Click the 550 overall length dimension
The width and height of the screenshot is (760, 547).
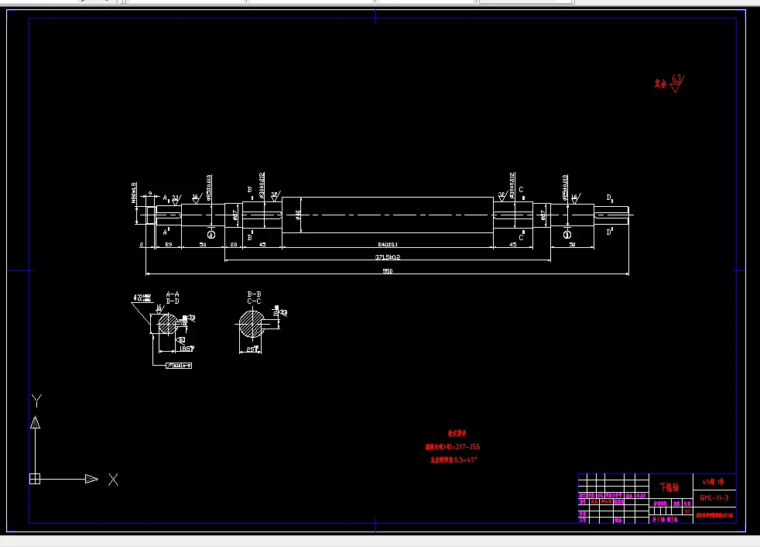click(387, 271)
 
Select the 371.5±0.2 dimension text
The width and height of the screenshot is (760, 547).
click(387, 256)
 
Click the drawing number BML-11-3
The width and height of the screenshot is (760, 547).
click(714, 497)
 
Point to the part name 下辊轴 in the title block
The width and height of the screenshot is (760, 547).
click(668, 487)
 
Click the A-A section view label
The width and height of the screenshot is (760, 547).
click(173, 294)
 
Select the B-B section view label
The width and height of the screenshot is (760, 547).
click(254, 294)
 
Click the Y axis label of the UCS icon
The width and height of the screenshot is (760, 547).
click(36, 400)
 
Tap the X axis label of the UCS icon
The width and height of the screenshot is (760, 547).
click(113, 480)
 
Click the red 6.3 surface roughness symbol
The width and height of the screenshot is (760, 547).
click(676, 81)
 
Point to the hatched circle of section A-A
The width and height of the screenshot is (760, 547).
click(166, 324)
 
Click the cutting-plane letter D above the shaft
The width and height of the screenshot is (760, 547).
click(609, 198)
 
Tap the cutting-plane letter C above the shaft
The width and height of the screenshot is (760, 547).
click(521, 190)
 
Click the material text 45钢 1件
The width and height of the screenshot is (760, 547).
click(714, 480)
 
